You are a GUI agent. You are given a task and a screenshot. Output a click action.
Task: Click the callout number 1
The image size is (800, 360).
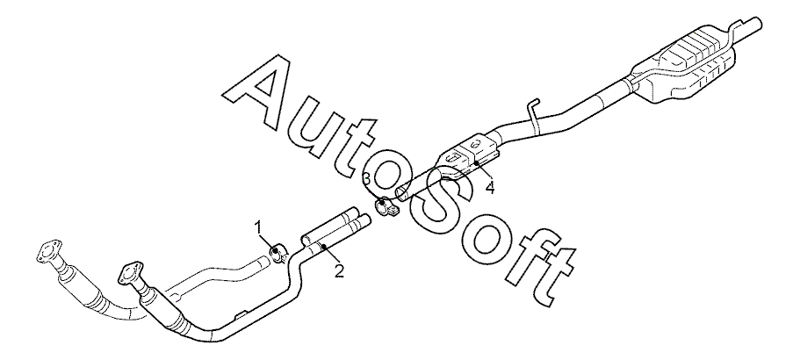tap(260, 227)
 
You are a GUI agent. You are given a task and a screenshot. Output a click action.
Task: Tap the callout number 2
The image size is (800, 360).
tap(338, 270)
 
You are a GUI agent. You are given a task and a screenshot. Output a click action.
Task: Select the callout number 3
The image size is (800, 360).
tap(365, 179)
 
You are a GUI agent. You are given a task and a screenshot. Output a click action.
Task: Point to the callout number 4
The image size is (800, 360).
tap(489, 187)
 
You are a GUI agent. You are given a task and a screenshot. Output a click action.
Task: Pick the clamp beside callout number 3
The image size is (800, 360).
tap(386, 209)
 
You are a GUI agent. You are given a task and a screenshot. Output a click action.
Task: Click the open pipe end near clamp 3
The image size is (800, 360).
tap(400, 191)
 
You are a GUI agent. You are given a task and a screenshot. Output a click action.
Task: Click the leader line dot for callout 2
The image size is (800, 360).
tap(323, 248)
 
